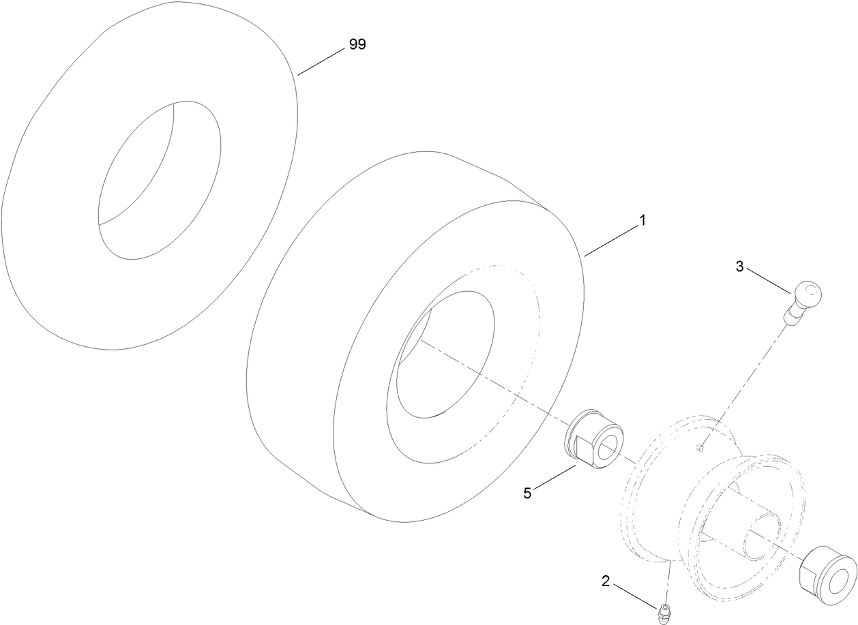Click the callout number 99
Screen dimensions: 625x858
[x=357, y=45]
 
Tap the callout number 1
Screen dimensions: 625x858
[x=641, y=222]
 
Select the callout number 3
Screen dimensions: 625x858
[x=739, y=266]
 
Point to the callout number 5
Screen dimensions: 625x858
[x=527, y=493]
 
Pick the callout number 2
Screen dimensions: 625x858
[x=606, y=581]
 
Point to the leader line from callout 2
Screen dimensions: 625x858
[x=635, y=594]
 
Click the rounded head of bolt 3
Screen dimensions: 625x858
[x=808, y=295]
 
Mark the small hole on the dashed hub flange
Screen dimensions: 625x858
[x=701, y=448]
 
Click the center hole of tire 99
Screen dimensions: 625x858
[x=159, y=181]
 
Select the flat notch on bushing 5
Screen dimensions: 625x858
[x=580, y=450]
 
